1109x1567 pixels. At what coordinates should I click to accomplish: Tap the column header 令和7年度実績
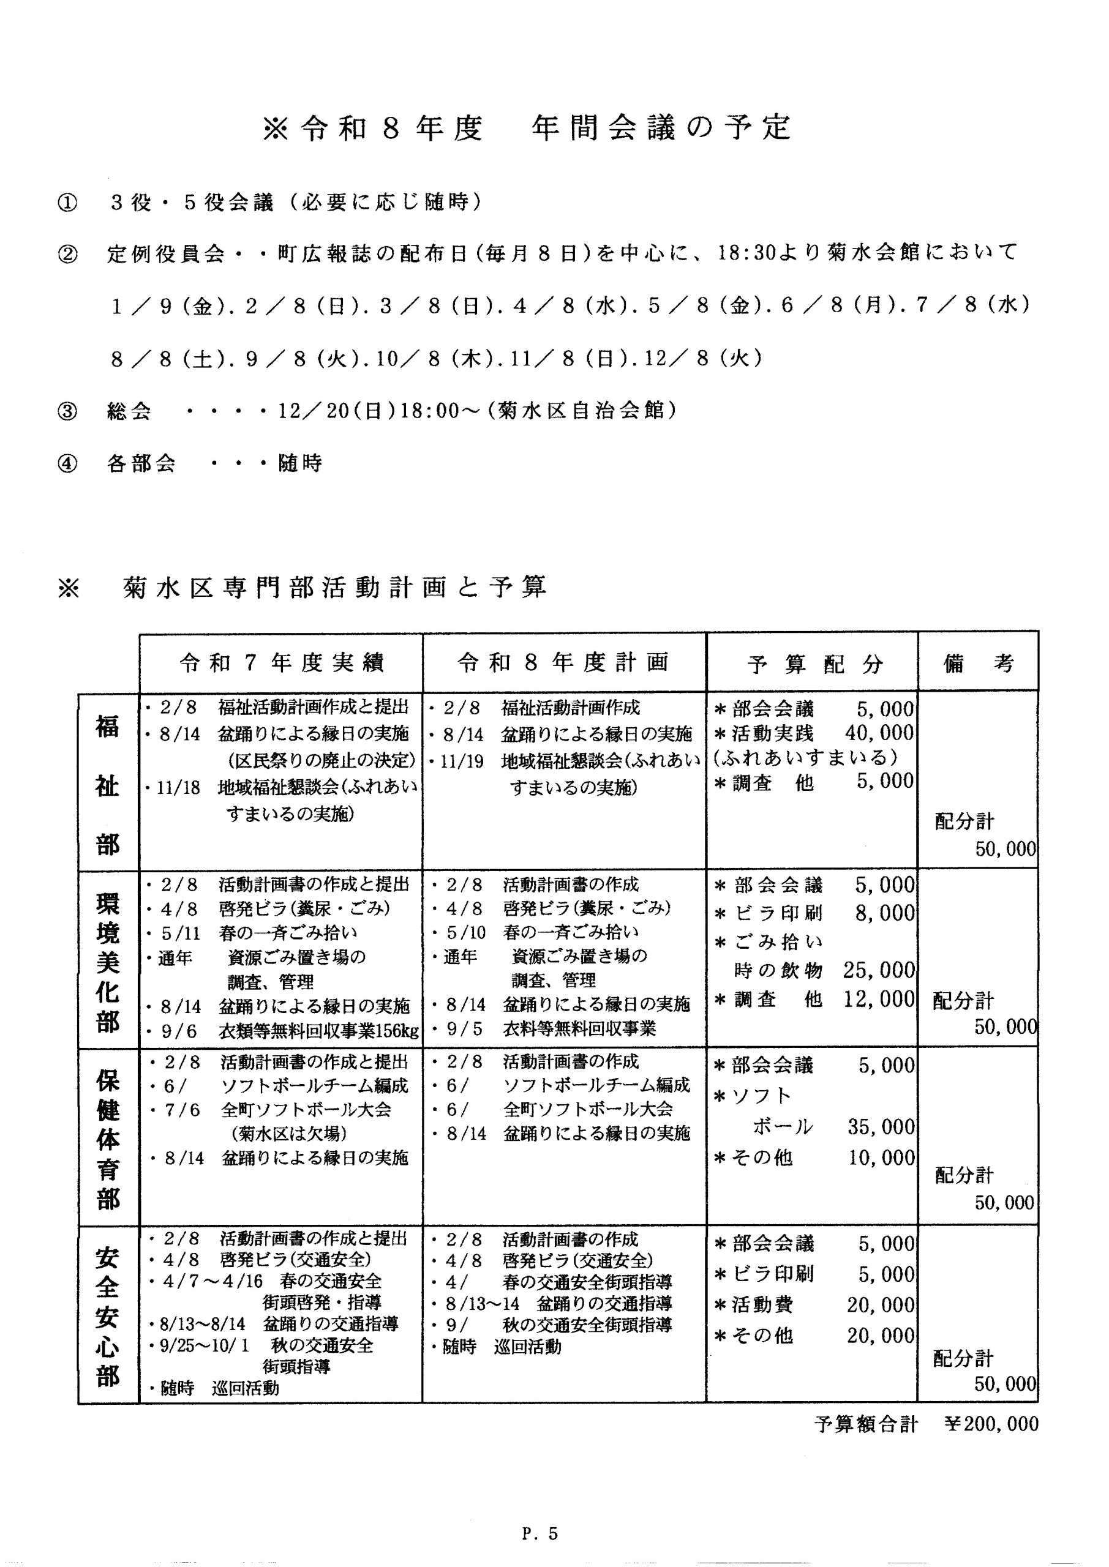click(x=281, y=663)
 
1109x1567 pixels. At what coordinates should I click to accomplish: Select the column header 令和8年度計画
click(x=563, y=663)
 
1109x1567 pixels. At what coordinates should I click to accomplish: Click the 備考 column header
click(x=979, y=664)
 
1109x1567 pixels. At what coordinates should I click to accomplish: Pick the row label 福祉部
click(x=108, y=785)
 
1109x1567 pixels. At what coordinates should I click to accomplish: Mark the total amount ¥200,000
click(x=991, y=1424)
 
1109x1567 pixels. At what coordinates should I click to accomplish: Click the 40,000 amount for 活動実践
click(x=879, y=733)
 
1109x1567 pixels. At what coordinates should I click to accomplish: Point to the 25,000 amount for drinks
click(x=879, y=970)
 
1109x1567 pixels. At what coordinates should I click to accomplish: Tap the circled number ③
click(x=67, y=411)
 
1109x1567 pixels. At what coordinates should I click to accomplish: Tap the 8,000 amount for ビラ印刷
click(x=884, y=913)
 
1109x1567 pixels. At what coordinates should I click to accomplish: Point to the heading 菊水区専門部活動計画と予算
click(x=334, y=588)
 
